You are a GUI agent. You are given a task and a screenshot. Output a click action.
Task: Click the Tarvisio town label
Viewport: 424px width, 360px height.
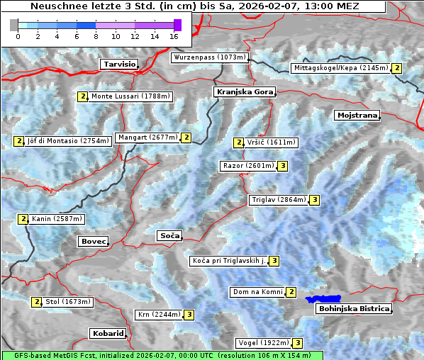coord(118,64)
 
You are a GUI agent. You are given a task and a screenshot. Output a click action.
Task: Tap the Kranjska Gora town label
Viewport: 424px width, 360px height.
coord(243,92)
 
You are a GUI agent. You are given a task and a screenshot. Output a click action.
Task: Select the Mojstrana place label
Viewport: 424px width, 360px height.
coord(357,115)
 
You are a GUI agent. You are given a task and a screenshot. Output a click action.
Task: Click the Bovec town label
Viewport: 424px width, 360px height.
coord(93,242)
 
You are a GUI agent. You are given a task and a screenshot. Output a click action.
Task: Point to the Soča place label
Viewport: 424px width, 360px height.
coord(169,235)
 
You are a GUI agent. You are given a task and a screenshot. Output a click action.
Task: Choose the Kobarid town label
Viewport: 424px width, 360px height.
coord(108,333)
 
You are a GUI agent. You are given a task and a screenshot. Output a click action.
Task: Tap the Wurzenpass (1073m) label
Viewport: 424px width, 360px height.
coord(210,57)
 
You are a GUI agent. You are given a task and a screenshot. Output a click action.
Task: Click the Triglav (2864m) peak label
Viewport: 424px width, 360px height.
coord(278,200)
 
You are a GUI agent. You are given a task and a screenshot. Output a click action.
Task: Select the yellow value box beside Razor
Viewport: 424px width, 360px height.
coord(282,166)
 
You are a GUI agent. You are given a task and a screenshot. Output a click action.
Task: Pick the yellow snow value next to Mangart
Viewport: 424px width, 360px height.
coord(186,137)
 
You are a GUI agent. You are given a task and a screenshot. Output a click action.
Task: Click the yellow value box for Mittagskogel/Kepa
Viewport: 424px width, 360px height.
coord(397,68)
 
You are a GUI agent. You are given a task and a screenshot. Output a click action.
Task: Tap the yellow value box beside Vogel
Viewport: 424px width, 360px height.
coord(298,343)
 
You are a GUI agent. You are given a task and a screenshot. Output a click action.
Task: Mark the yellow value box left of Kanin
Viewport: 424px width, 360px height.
coord(23,219)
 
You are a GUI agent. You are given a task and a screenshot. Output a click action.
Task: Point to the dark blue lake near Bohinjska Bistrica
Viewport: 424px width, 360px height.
coord(323,300)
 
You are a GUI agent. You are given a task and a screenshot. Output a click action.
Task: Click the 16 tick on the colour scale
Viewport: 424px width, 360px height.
coord(174,35)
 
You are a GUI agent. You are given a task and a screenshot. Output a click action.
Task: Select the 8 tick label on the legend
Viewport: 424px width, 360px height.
coord(96,35)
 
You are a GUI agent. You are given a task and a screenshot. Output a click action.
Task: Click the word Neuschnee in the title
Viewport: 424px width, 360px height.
coord(55,6)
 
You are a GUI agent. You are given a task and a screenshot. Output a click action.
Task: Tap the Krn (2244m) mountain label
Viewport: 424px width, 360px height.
coord(159,315)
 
